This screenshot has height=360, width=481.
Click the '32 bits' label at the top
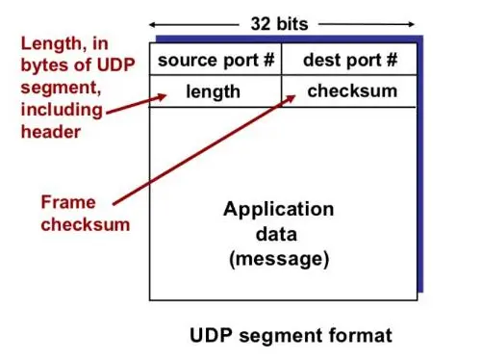click(x=282, y=20)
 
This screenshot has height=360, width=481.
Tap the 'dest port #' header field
click(x=349, y=61)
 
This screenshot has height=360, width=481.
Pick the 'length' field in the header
click(x=213, y=92)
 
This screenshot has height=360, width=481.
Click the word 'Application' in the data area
click(x=279, y=209)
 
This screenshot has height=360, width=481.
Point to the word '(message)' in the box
click(x=279, y=259)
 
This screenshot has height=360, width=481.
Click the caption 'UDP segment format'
click(x=290, y=335)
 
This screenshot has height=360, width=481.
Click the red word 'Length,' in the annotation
click(x=56, y=44)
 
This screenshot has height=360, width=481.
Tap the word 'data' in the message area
click(x=279, y=234)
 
